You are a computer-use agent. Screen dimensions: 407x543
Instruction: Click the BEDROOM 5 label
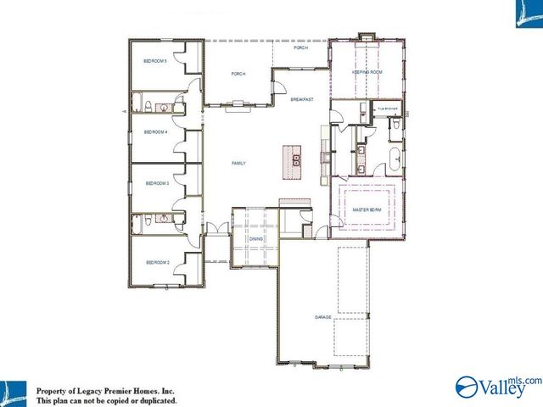tap(154, 61)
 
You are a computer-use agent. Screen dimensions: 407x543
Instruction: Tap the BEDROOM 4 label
tap(155, 132)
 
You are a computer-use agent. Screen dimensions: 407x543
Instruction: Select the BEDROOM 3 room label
tap(157, 183)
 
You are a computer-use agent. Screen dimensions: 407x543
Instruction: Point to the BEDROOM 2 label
tap(158, 263)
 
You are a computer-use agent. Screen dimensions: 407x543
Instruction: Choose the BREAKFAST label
tap(302, 100)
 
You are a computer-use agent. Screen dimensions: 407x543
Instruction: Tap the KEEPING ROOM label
tap(367, 73)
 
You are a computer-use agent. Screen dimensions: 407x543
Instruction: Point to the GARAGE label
tap(322, 317)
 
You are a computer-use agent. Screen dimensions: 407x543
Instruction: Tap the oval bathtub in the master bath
tap(395, 156)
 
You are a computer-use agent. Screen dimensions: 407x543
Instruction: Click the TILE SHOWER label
tap(389, 109)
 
